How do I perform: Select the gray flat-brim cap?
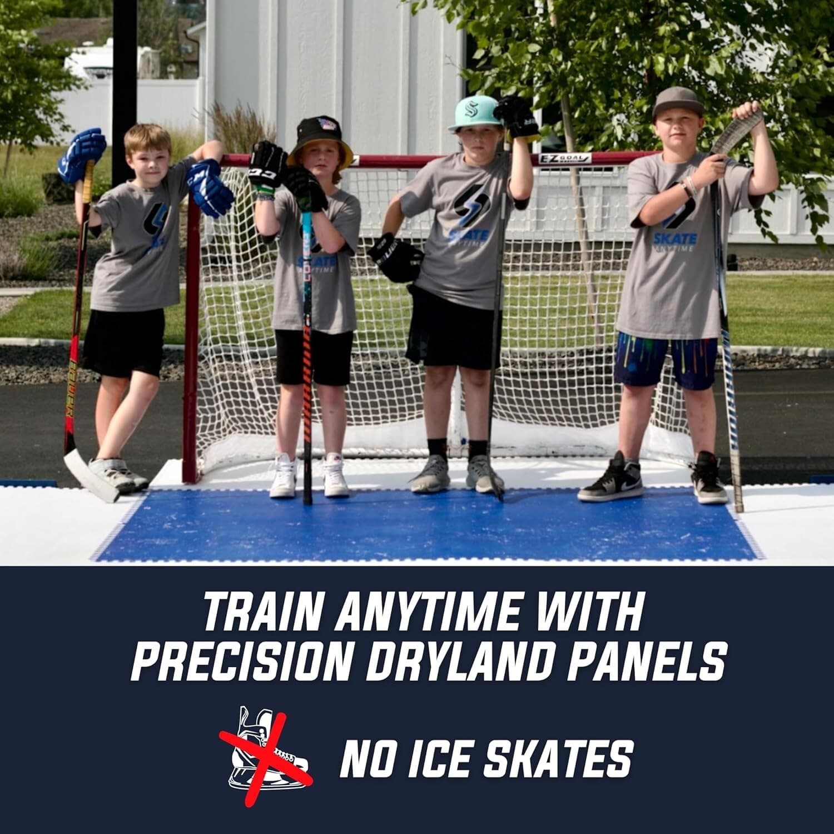(677, 101)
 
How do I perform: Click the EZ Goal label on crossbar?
(564, 158)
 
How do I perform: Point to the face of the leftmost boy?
(147, 153)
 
